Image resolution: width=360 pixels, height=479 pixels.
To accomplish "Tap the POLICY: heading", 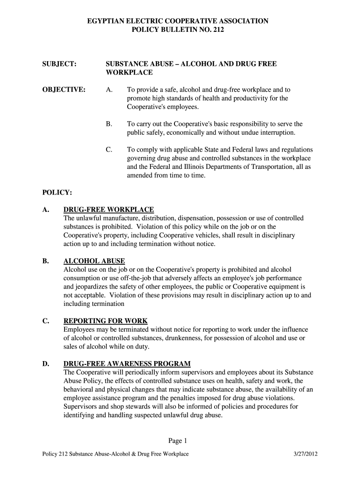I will pos(57,192).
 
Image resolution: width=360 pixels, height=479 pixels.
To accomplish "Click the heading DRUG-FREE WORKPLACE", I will pos(108,209).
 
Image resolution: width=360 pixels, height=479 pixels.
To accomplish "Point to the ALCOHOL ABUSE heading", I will pos(94,261).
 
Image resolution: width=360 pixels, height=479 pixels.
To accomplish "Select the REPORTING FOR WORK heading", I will pos(105,321).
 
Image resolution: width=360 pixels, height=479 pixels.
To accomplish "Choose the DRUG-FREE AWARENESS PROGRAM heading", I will pos(127,363).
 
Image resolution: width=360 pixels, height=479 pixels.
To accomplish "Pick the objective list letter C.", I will pos(109,150).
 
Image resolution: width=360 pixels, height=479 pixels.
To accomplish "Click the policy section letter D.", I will pos(46,363).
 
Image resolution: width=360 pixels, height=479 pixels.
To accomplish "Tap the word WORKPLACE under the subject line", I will pos(129,73).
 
